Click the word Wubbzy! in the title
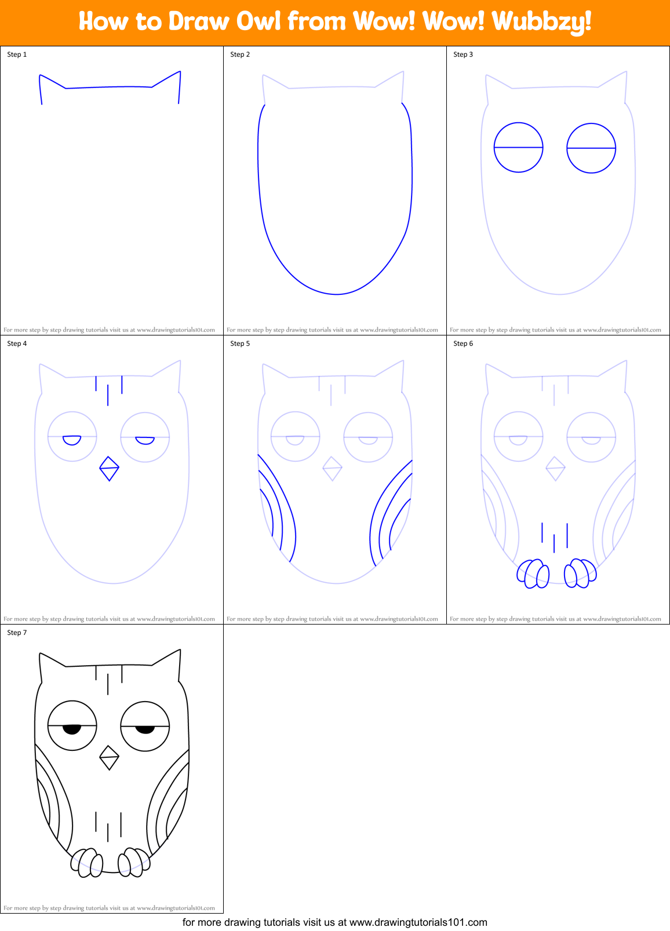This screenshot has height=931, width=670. click(x=541, y=22)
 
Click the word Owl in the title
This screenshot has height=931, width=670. click(x=256, y=21)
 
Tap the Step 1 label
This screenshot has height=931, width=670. click(x=17, y=54)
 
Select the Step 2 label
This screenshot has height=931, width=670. click(x=240, y=54)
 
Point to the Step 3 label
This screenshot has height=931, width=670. click(x=463, y=54)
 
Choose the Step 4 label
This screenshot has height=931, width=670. click(x=17, y=344)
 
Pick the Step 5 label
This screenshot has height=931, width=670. click(x=240, y=344)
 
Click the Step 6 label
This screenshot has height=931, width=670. click(x=463, y=344)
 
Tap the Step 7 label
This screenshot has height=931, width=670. click(x=17, y=633)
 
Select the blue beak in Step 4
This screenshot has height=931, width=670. click(x=109, y=469)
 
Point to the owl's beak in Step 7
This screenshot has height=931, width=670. click(x=109, y=758)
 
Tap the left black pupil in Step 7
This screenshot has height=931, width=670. click(x=72, y=729)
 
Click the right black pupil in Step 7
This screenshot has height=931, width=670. click(x=145, y=729)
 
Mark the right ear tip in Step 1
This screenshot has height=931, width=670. click(x=180, y=72)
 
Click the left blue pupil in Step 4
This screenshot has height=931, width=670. click(x=72, y=440)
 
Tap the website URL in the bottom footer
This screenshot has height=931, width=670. click(x=418, y=922)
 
